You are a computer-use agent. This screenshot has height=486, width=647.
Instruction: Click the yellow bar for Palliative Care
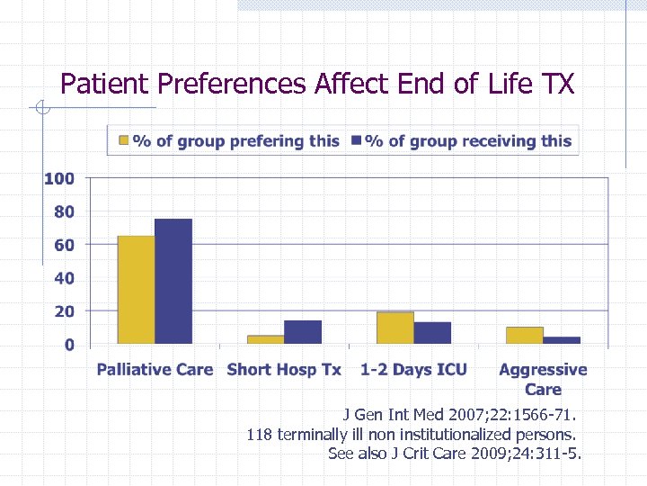tap(136, 289)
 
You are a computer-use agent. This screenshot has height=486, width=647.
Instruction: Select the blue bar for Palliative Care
tap(173, 281)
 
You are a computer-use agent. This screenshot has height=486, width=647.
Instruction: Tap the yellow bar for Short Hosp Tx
tap(265, 338)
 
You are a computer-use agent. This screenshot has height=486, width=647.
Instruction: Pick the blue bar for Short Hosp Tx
tap(303, 331)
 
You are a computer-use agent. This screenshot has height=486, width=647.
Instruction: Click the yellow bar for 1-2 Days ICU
tap(394, 328)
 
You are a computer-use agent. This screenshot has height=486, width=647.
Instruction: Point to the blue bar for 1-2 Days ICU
tap(432, 332)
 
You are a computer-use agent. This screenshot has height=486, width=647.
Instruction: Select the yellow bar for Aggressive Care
tap(524, 335)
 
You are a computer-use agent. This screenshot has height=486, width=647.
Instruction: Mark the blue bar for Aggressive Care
tap(562, 339)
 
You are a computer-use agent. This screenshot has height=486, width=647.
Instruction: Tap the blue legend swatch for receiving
tap(356, 140)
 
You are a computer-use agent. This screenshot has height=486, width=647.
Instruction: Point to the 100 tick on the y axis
tap(59, 178)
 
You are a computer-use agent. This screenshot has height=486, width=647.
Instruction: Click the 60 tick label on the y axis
tap(64, 245)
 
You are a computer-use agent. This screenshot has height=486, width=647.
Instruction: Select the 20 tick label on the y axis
tap(64, 311)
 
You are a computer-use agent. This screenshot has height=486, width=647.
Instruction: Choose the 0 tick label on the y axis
tap(69, 345)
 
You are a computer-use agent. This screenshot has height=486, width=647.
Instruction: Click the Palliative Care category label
tap(155, 369)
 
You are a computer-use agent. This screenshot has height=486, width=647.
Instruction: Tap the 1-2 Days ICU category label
tap(413, 369)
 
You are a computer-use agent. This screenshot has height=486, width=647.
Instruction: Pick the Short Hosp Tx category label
tap(284, 369)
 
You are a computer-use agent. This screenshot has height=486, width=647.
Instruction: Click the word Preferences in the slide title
tap(233, 84)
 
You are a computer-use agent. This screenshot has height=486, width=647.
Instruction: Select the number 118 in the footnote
tap(260, 435)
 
